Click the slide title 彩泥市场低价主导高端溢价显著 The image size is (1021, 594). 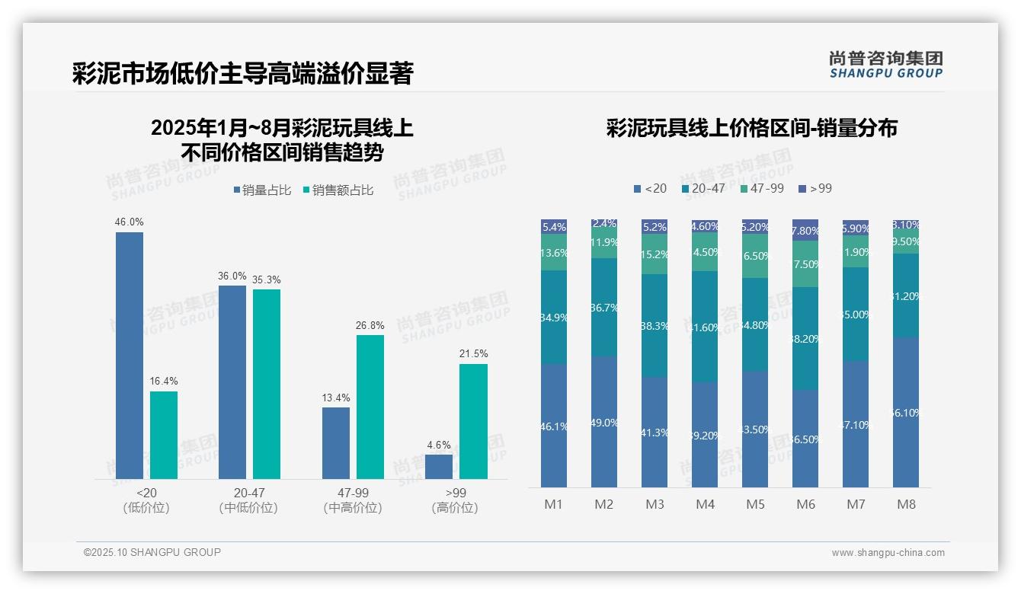click(242, 74)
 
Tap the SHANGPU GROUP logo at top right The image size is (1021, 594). click(885, 65)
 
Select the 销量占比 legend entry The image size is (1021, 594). click(261, 190)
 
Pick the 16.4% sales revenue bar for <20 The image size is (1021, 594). click(164, 435)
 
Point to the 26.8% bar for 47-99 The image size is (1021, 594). click(370, 407)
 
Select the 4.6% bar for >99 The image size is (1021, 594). click(439, 467)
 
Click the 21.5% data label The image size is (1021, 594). click(474, 354)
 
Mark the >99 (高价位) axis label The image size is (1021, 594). click(456, 500)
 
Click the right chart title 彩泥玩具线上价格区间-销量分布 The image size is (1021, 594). click(751, 128)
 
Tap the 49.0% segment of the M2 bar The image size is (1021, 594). click(604, 421)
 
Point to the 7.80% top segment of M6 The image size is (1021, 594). click(805, 230)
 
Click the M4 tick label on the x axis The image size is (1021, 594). click(705, 505)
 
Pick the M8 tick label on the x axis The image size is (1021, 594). click(906, 505)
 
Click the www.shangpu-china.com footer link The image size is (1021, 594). click(888, 553)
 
